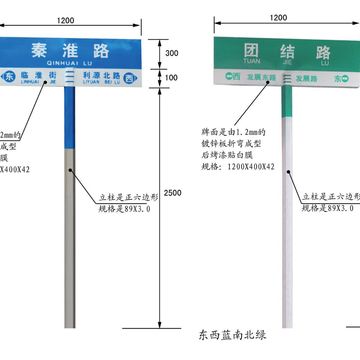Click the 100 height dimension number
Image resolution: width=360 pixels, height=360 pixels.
tap(172, 78)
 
